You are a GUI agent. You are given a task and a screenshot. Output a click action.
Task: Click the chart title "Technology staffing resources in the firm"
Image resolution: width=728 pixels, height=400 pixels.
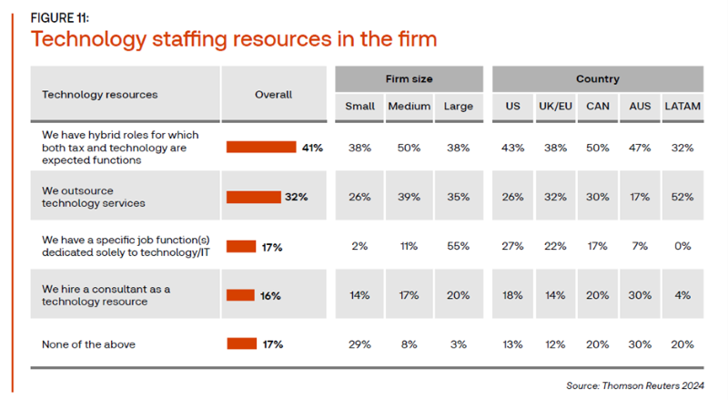click(x=234, y=39)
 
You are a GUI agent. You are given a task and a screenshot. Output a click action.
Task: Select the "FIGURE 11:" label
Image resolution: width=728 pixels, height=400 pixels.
click(x=61, y=15)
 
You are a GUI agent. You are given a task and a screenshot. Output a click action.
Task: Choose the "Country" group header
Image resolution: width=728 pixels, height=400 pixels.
click(x=597, y=79)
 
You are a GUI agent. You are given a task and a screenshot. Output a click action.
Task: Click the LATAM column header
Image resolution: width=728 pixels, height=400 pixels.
click(x=682, y=107)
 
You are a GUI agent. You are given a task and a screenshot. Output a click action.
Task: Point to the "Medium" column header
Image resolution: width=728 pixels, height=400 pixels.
click(x=409, y=107)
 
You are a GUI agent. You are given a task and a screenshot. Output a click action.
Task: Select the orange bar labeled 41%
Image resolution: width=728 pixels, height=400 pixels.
click(x=261, y=147)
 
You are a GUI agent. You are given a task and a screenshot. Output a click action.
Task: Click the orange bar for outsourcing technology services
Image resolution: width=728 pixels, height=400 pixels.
click(x=253, y=197)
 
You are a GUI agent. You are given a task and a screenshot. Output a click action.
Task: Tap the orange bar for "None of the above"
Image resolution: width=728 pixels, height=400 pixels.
click(x=241, y=344)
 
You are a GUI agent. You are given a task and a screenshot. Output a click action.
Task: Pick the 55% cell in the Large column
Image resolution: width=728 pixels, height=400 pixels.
click(x=458, y=246)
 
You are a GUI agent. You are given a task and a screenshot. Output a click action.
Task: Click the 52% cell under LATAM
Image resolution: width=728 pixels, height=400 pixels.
click(x=682, y=197)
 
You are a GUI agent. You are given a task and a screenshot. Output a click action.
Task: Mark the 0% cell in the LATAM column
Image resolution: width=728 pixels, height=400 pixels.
click(x=682, y=246)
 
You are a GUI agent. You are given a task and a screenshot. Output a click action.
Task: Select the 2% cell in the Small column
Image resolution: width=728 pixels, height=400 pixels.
click(x=359, y=246)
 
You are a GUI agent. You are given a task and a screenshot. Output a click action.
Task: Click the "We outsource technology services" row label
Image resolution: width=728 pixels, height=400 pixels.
click(x=94, y=197)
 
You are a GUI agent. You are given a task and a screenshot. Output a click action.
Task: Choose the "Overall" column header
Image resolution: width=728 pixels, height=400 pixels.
click(x=273, y=94)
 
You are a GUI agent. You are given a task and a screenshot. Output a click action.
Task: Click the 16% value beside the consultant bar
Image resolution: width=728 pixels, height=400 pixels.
click(x=269, y=295)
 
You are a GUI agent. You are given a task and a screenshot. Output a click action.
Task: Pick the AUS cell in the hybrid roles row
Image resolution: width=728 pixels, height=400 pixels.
click(x=639, y=147)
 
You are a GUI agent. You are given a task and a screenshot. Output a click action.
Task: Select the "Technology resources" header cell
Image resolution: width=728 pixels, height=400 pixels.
click(x=100, y=94)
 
